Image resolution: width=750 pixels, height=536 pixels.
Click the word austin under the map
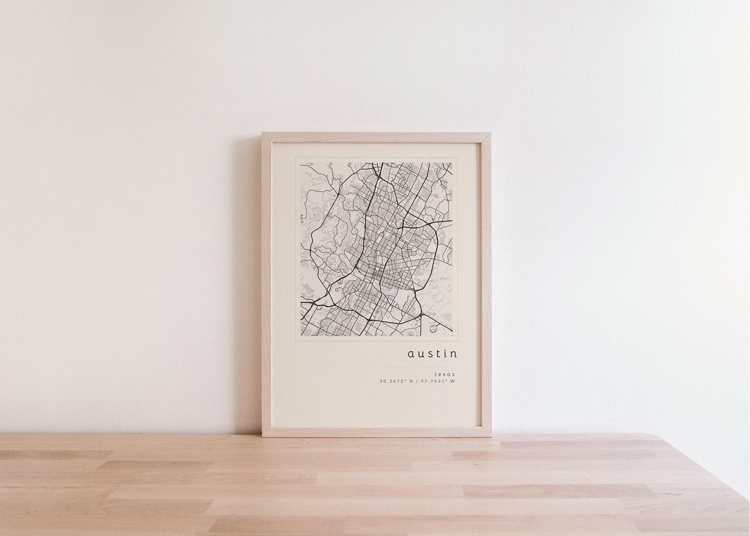pos(432,354)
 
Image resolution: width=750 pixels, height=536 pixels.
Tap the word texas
pos(445,374)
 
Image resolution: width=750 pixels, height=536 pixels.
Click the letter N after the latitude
pos(411,381)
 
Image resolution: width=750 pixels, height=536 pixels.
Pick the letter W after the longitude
pos(452,381)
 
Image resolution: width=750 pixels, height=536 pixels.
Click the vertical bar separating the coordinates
pos(417,381)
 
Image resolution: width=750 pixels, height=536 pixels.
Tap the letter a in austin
pos(411,354)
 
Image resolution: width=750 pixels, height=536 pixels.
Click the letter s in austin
pos(430,354)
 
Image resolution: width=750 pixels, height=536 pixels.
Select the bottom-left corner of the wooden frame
pos(263,438)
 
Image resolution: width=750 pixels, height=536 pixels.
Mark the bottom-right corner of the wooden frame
pos(487,438)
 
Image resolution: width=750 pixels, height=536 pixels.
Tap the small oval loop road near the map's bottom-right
pos(434,327)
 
